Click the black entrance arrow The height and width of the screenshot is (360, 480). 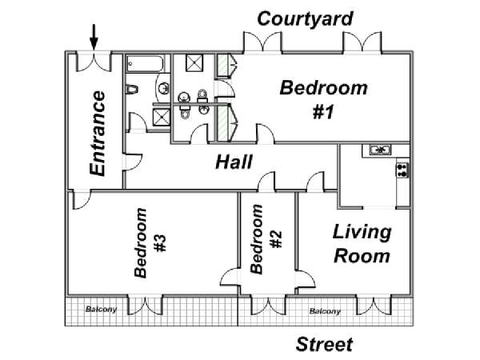[94, 37]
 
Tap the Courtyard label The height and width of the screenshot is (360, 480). [305, 19]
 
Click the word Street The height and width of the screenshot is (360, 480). [324, 344]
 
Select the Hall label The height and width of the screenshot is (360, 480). [234, 162]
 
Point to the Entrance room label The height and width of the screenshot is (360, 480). [98, 134]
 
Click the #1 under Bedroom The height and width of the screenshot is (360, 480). [323, 112]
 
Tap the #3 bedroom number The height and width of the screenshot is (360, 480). [160, 243]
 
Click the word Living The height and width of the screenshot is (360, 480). [362, 233]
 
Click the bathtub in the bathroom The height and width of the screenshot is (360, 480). [145, 64]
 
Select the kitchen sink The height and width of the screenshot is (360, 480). [380, 150]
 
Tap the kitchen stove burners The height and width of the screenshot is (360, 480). [402, 170]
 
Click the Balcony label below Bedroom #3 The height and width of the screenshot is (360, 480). [102, 309]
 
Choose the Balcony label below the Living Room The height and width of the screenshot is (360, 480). [325, 311]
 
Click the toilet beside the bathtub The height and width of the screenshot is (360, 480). [132, 90]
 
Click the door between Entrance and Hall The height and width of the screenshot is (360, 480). [132, 162]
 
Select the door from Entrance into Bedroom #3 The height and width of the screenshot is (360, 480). [81, 199]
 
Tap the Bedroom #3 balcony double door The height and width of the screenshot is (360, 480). [145, 305]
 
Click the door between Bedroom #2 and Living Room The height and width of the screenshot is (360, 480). [306, 278]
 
